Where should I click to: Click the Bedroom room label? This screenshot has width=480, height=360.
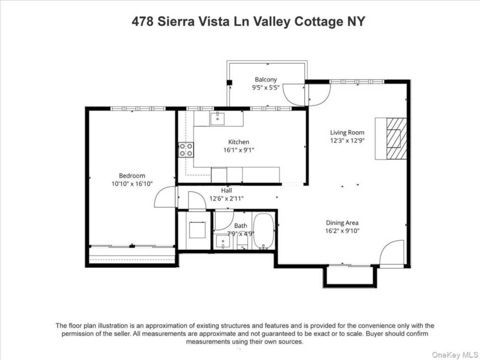[x=132, y=176]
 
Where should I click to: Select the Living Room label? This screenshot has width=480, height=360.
[x=347, y=133]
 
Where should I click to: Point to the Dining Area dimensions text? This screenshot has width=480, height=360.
[x=342, y=231]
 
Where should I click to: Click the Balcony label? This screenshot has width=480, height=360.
[x=266, y=80]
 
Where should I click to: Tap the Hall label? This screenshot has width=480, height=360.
[x=226, y=191]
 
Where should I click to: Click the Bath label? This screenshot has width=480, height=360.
[x=240, y=226]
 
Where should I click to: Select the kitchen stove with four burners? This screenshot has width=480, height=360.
[x=186, y=150]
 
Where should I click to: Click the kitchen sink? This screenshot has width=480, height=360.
[x=217, y=119]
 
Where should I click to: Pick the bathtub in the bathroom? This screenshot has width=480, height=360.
[x=263, y=231]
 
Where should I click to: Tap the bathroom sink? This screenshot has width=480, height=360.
[x=224, y=242]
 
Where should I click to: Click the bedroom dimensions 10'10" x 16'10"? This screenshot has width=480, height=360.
[x=132, y=184]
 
